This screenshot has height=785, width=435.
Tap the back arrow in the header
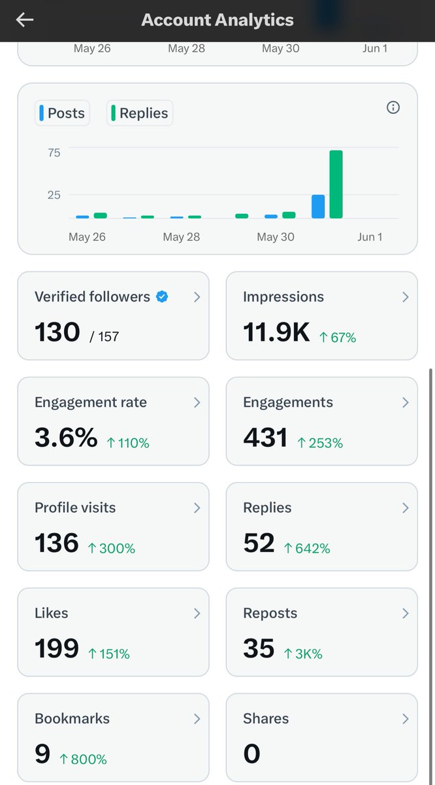coord(25,20)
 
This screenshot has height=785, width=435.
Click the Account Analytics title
coord(217,20)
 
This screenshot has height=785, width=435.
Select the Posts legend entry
coord(62,113)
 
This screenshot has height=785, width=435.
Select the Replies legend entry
coord(140,113)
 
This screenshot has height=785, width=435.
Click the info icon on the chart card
coord(393,107)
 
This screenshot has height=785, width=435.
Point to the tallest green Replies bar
coord(336,184)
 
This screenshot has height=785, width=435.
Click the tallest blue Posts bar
coord(318,207)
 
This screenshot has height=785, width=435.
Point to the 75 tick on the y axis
coord(54,153)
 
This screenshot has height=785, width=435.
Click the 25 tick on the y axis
coord(54,195)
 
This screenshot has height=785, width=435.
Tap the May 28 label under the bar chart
coord(182,237)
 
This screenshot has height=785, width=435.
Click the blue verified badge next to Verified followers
coord(162,296)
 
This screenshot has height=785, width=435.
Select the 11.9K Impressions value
coord(276,332)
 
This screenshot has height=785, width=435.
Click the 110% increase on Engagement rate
coord(128,443)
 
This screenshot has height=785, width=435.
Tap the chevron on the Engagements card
coord(406,403)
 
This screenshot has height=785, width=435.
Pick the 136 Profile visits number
coord(57,543)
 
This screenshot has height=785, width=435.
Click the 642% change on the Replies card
coord(307,548)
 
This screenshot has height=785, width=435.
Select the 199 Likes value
coord(57,648)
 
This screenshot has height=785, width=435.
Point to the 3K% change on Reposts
coord(303,654)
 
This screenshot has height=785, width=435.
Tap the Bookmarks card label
coord(72,718)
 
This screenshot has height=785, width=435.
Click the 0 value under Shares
coord(251,754)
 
